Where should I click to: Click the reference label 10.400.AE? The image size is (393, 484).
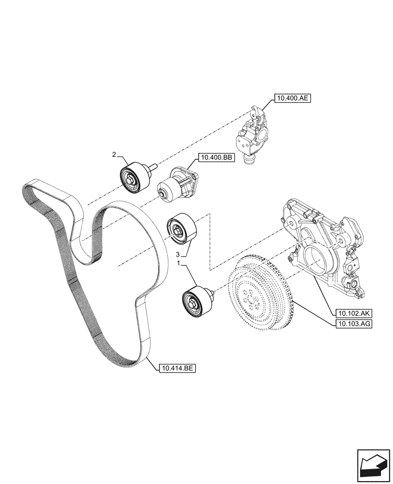(x=292, y=98)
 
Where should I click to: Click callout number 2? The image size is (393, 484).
(x=114, y=154)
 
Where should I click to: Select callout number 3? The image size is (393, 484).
(x=178, y=254)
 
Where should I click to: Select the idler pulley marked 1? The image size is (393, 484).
(x=196, y=301)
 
